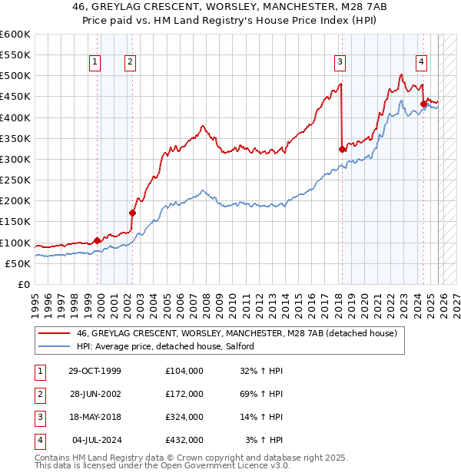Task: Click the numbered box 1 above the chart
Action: click(95, 62)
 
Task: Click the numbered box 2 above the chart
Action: click(130, 62)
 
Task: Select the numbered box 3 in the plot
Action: click(340, 62)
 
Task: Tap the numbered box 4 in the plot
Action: click(422, 62)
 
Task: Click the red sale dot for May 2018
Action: click(342, 150)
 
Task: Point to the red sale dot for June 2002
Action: click(132, 213)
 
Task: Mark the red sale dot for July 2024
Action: click(423, 104)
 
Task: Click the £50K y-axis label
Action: click(18, 263)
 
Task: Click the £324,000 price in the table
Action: click(184, 418)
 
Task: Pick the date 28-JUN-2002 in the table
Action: click(94, 395)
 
